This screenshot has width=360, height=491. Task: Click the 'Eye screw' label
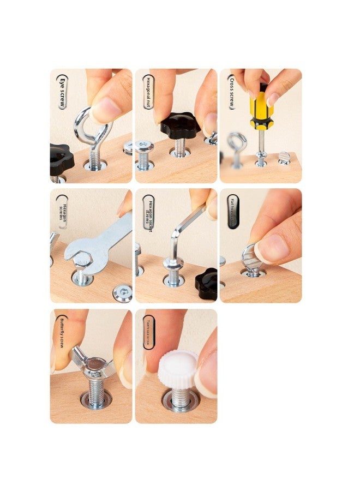coord(63,92)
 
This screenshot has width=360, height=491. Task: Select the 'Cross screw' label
coord(232,91)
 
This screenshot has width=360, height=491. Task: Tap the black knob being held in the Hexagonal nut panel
coord(180,126)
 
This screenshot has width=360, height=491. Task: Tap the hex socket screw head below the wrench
coord(122,292)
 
